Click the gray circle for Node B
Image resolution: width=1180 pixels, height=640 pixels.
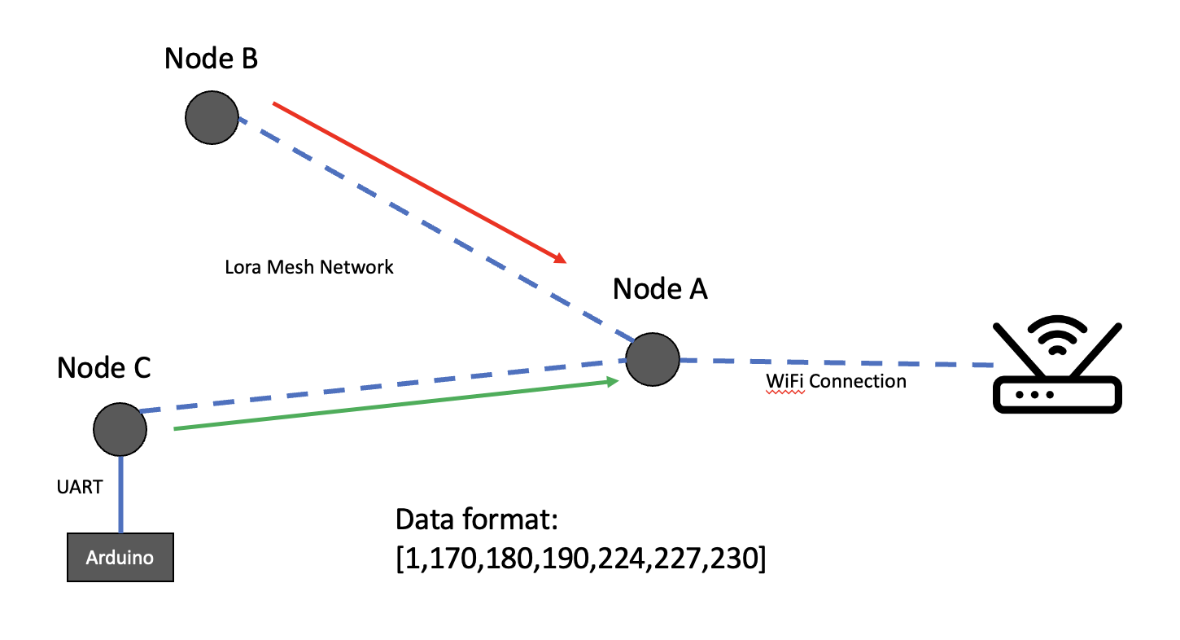coord(212,118)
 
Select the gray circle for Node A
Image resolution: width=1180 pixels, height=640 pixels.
coord(652,359)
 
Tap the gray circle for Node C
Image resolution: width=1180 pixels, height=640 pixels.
coord(120,430)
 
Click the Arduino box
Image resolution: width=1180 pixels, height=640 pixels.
coord(120,558)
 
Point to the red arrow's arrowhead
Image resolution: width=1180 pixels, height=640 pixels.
coord(561,260)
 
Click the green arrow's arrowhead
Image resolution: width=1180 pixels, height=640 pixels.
coord(614,380)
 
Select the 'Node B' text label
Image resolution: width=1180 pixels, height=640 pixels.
coord(212,59)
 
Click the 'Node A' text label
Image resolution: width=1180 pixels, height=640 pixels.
coord(660,288)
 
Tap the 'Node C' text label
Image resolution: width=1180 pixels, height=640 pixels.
coord(104,367)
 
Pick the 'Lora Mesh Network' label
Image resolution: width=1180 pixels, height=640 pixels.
coord(309,267)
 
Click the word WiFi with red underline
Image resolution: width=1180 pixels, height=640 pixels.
coord(785,381)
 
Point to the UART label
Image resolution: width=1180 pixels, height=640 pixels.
coord(80,488)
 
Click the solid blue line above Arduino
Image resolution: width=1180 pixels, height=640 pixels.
coord(121,493)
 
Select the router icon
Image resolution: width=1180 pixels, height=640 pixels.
coord(1057,383)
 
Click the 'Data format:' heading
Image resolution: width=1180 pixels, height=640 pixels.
coord(474,520)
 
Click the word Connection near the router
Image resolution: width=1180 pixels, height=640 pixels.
coord(858,381)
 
